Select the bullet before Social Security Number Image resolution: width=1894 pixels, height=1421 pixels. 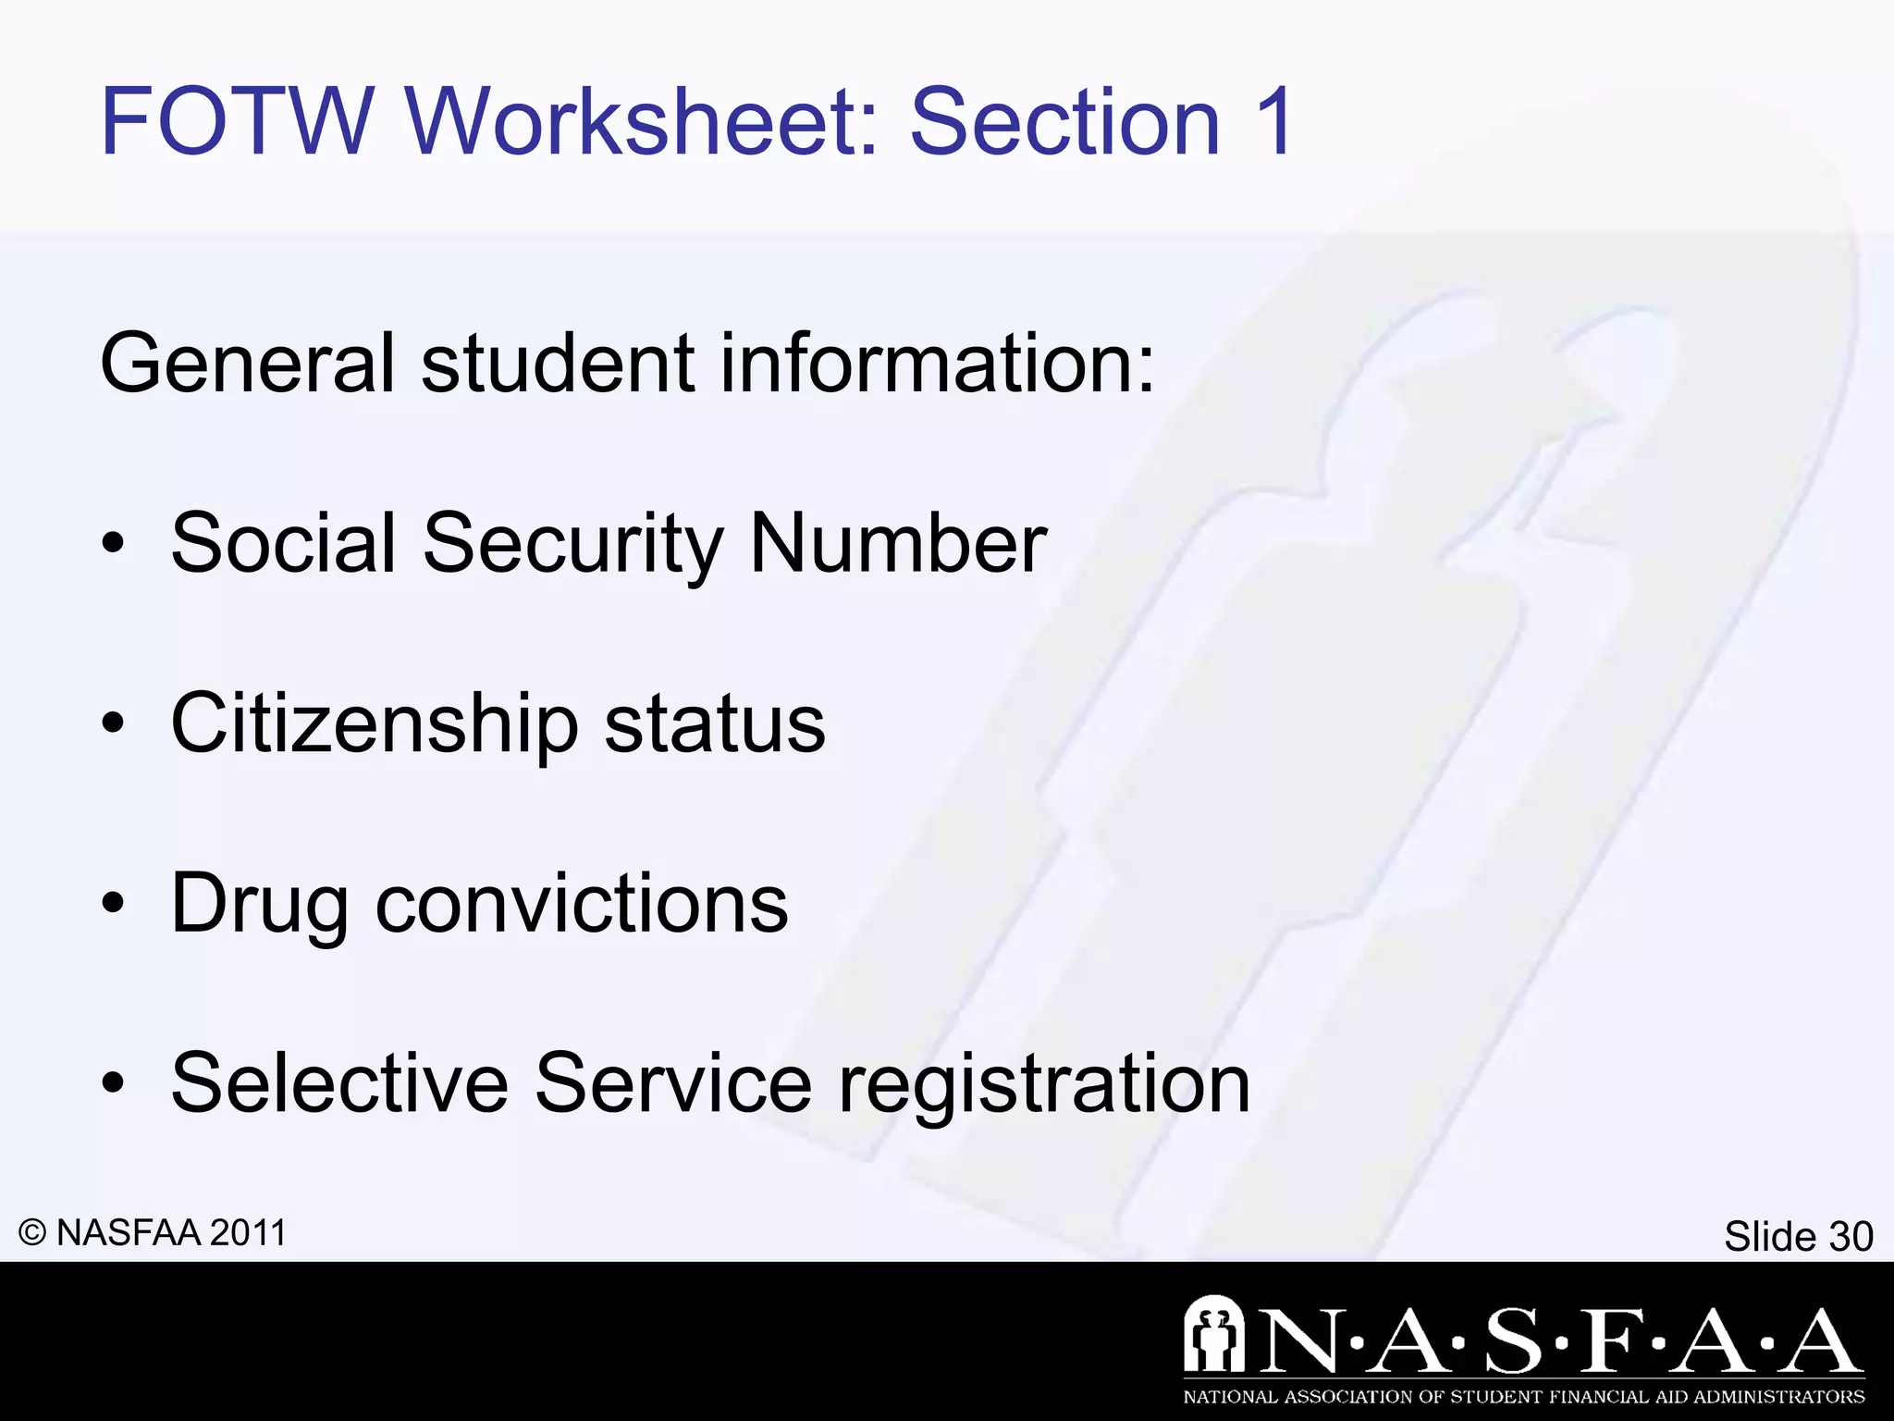tap(113, 546)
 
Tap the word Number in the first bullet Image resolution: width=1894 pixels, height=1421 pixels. tap(898, 544)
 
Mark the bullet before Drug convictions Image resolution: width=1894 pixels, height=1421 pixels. tap(113, 906)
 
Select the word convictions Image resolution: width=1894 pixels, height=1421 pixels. tap(582, 905)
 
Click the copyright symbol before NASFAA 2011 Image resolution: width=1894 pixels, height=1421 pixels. tap(32, 1233)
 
